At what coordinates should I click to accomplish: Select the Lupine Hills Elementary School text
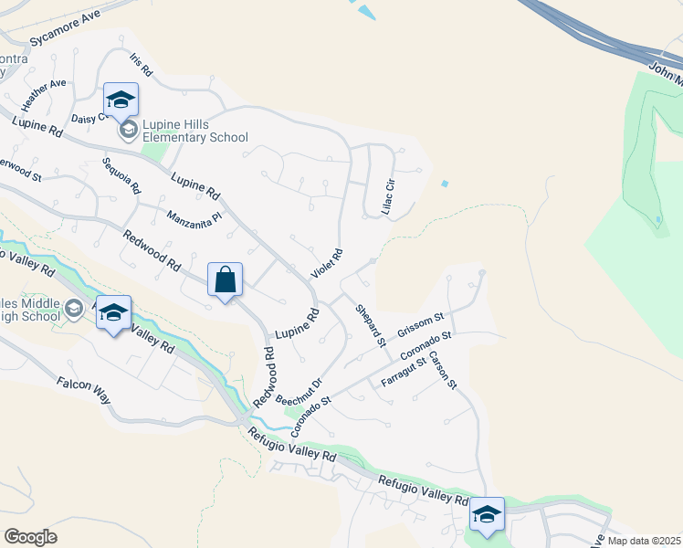(x=194, y=131)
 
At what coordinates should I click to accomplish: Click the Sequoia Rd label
(x=121, y=176)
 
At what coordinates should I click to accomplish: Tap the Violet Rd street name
(x=327, y=264)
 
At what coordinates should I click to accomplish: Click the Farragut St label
(x=404, y=372)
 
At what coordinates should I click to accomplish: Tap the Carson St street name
(x=442, y=370)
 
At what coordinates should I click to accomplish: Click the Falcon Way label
(x=83, y=391)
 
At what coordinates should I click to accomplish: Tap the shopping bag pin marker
(x=225, y=280)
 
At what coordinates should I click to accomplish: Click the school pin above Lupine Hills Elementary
(x=120, y=100)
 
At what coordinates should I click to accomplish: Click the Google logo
(x=30, y=537)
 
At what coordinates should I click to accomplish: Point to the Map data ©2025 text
(x=643, y=541)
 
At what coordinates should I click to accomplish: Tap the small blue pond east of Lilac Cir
(x=445, y=184)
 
